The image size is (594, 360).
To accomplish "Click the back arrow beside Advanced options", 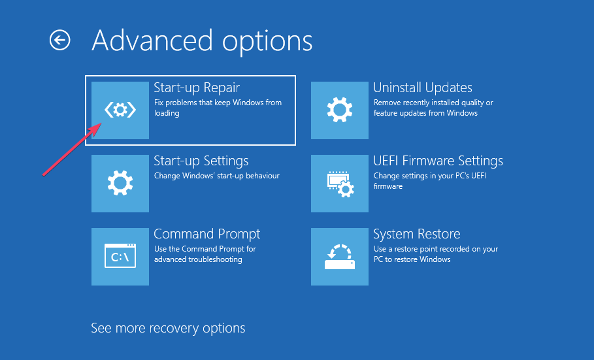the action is (x=60, y=40).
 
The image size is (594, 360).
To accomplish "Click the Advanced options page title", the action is (x=202, y=41).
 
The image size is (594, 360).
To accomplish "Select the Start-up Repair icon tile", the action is (x=120, y=110).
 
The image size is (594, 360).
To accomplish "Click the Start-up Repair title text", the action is (x=197, y=88).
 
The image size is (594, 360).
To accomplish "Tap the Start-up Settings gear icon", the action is (x=120, y=183).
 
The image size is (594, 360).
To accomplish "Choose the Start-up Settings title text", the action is (x=201, y=161).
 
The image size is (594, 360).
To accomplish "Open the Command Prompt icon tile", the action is (x=120, y=257).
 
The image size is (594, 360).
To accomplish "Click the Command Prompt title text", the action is (x=207, y=234).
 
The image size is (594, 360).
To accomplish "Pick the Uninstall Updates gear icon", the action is (x=340, y=110).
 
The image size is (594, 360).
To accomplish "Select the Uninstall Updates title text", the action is (x=423, y=88).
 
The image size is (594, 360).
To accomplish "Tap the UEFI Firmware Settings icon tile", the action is (x=340, y=184).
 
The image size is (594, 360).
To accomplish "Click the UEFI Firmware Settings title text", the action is (x=438, y=161).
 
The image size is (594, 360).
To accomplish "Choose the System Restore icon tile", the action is (x=340, y=257).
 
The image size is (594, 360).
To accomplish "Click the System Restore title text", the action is (x=417, y=234).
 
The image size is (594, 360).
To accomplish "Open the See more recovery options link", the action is (x=168, y=328).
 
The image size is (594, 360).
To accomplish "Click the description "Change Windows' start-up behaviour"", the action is (x=217, y=176).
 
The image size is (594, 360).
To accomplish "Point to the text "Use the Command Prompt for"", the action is (x=205, y=249).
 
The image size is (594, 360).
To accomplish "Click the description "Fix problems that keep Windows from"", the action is (x=218, y=103).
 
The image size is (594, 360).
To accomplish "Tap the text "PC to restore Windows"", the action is (x=412, y=259).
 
